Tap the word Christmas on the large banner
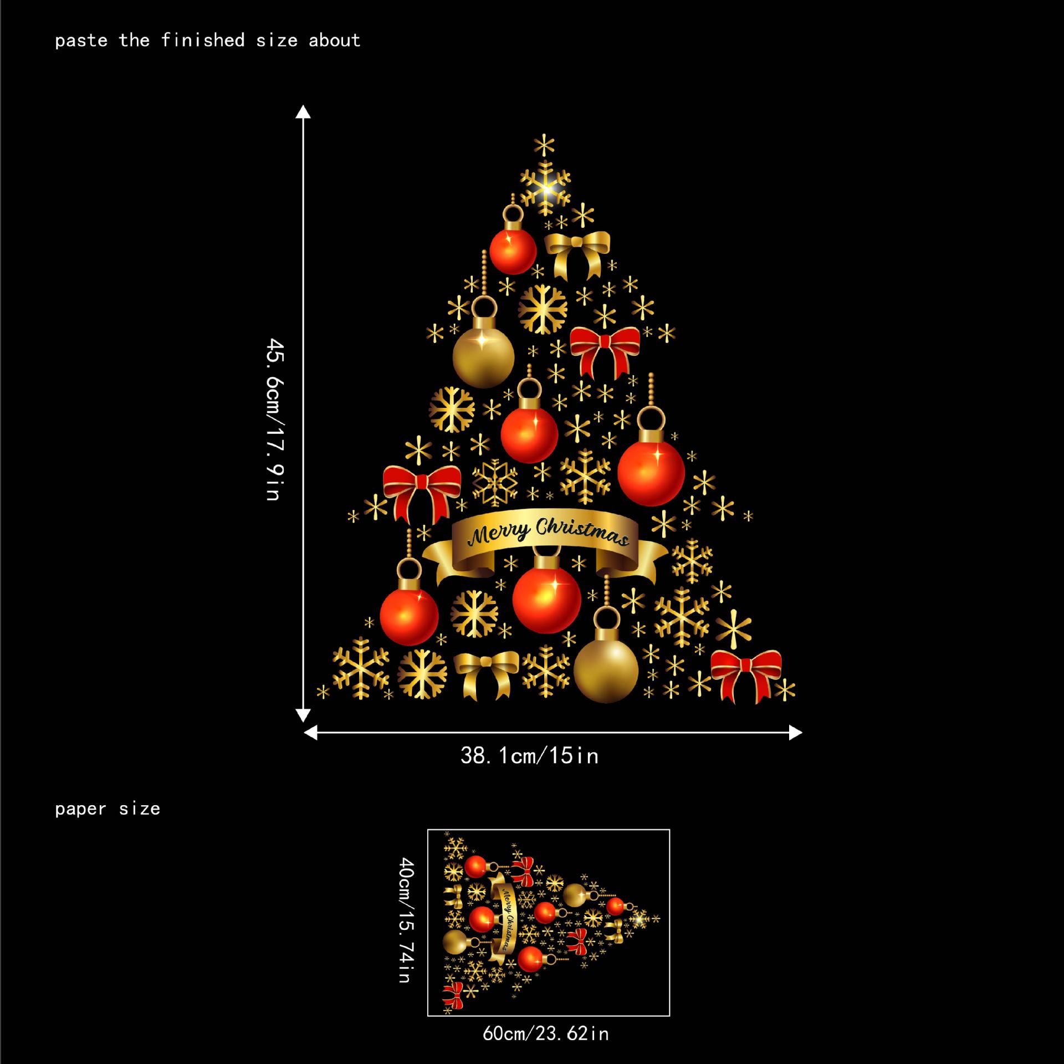[x=582, y=531]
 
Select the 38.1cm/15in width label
[x=529, y=755]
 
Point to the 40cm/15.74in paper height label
[x=406, y=920]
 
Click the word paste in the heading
[x=81, y=40]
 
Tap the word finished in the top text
[x=203, y=40]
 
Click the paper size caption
[x=108, y=809]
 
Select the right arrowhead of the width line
[x=796, y=733]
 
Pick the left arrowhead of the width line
[x=311, y=733]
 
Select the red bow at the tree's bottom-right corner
[x=746, y=674]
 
